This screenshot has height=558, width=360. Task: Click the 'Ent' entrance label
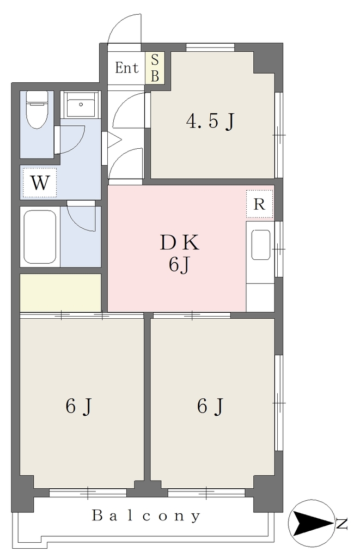(x=127, y=68)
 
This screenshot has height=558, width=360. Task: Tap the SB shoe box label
(x=155, y=68)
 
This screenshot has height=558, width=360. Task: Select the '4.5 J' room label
(x=210, y=121)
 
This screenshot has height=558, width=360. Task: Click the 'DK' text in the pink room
(x=179, y=243)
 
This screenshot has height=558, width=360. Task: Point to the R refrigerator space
(x=259, y=204)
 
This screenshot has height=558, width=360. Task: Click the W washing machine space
(x=40, y=183)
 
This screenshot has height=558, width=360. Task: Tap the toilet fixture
(x=37, y=109)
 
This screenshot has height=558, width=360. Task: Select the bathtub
(x=40, y=236)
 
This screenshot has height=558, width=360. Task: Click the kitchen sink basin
(x=260, y=245)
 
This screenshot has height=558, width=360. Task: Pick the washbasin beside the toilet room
(x=81, y=105)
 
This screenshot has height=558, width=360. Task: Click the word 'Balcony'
(x=146, y=515)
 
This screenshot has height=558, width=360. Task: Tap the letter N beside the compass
(x=342, y=524)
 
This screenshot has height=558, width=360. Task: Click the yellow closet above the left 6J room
(x=60, y=293)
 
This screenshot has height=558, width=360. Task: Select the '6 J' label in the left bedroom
(x=79, y=406)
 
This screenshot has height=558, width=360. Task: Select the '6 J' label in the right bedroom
(x=210, y=406)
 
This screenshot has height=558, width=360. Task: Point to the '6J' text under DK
(x=179, y=264)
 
